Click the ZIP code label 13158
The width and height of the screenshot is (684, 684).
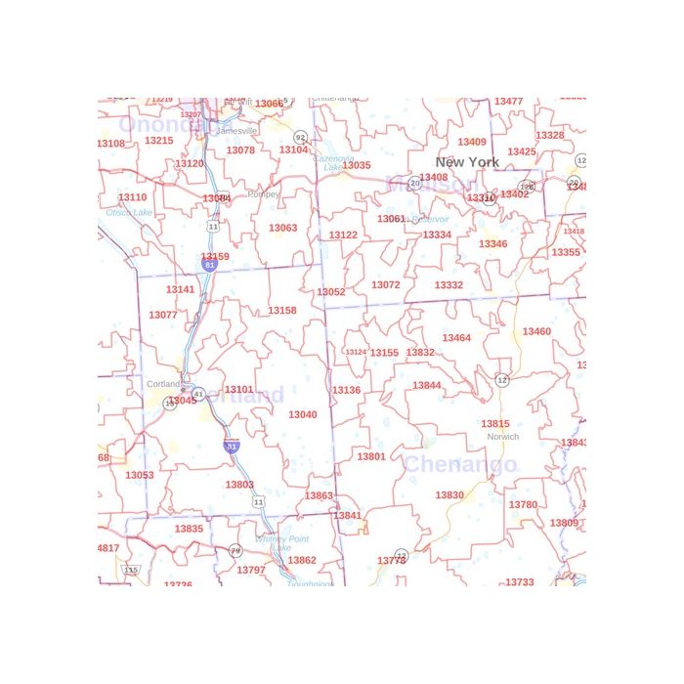(281, 311)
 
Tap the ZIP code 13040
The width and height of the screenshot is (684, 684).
(302, 414)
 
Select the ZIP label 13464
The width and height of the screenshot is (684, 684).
(456, 338)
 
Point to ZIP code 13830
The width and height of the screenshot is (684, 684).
(449, 495)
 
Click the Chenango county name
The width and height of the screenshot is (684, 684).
(459, 464)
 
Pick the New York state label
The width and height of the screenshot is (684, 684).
(467, 162)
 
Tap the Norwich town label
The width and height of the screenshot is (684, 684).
(502, 437)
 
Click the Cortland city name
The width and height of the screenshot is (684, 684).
(163, 384)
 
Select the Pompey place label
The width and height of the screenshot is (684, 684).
(264, 194)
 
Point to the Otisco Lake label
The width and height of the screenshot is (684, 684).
(129, 212)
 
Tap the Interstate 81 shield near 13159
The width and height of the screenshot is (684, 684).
(209, 264)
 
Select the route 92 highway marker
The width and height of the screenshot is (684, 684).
(300, 138)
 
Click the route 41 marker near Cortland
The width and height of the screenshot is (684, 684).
(198, 394)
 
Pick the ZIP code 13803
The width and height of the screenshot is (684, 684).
(239, 485)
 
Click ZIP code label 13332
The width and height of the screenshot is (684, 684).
(449, 285)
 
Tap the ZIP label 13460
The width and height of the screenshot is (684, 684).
(536, 332)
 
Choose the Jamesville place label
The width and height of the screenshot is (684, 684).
(237, 131)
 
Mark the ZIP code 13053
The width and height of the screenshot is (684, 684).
(140, 476)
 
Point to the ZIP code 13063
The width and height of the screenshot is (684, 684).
(282, 229)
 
